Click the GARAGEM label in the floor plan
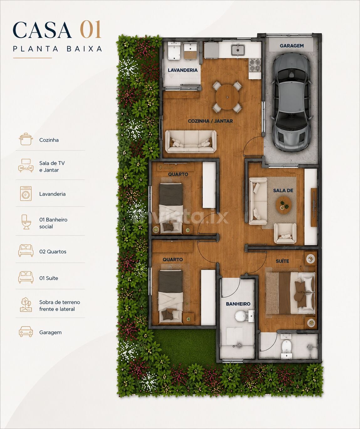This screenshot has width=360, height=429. click(x=292, y=46)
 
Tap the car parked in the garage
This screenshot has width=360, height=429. click(x=292, y=102)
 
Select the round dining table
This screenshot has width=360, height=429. click(x=227, y=97)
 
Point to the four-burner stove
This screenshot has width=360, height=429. click(x=255, y=65)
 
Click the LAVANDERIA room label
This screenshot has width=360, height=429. click(x=183, y=70)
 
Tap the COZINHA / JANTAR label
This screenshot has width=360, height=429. click(x=211, y=121)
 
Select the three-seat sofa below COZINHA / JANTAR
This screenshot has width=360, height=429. click(x=191, y=142)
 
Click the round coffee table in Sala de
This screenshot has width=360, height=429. click(x=284, y=205)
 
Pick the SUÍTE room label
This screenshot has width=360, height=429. click(x=283, y=261)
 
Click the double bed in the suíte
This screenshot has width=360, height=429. click(x=290, y=293)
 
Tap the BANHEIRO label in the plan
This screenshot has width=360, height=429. click(x=238, y=304)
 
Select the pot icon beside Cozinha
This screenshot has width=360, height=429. click(x=26, y=139)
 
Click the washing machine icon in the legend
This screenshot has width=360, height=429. click(x=26, y=193)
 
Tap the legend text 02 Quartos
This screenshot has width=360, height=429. click(x=53, y=252)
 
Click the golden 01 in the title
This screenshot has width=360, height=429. click(x=91, y=29)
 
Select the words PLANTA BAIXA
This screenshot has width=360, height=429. click(x=58, y=49)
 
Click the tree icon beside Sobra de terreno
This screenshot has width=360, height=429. click(x=26, y=305)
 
